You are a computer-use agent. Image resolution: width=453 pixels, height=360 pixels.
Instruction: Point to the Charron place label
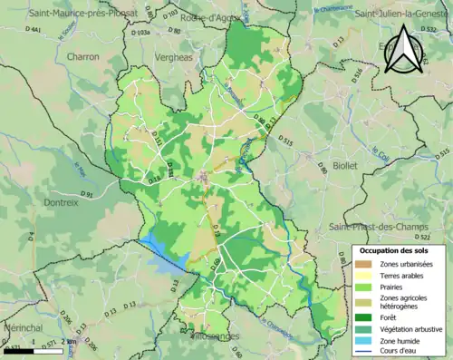point(82,56)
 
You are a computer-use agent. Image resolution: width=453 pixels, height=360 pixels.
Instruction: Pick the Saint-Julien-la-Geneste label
point(401,13)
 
